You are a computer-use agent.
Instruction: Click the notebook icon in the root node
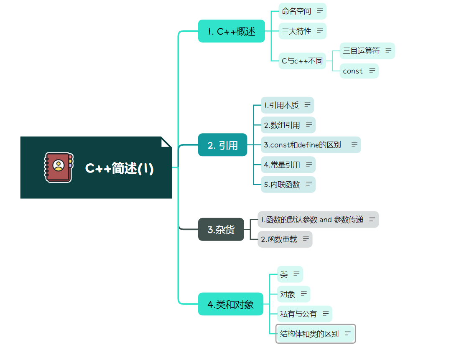pos(59,167)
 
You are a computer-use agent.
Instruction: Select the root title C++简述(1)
pos(120,168)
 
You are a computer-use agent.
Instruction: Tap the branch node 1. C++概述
pos(231,31)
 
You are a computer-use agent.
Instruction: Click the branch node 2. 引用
pos(222,145)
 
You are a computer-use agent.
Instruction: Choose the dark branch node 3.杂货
pos(221,230)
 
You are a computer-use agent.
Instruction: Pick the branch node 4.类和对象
pos(230,304)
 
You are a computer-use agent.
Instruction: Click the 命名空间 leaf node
pos(297,11)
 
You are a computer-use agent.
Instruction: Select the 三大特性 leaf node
pos(297,31)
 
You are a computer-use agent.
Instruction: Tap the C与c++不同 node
pos(302,61)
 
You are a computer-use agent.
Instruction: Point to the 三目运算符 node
pos(361,51)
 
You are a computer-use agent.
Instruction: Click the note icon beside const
pos(372,71)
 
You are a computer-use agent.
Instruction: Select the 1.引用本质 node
pos(281,105)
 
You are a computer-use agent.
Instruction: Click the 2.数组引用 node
pos(282,125)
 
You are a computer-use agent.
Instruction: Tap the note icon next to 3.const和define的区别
pos(354,145)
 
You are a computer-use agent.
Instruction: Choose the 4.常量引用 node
pos(282,165)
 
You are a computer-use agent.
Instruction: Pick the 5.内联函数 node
pos(282,184)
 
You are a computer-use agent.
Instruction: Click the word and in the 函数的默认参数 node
pos(325,219)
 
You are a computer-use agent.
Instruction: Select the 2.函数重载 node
pos(279,239)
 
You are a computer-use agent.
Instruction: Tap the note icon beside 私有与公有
pos(325,314)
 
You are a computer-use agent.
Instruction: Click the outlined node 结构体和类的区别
pos(309,334)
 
